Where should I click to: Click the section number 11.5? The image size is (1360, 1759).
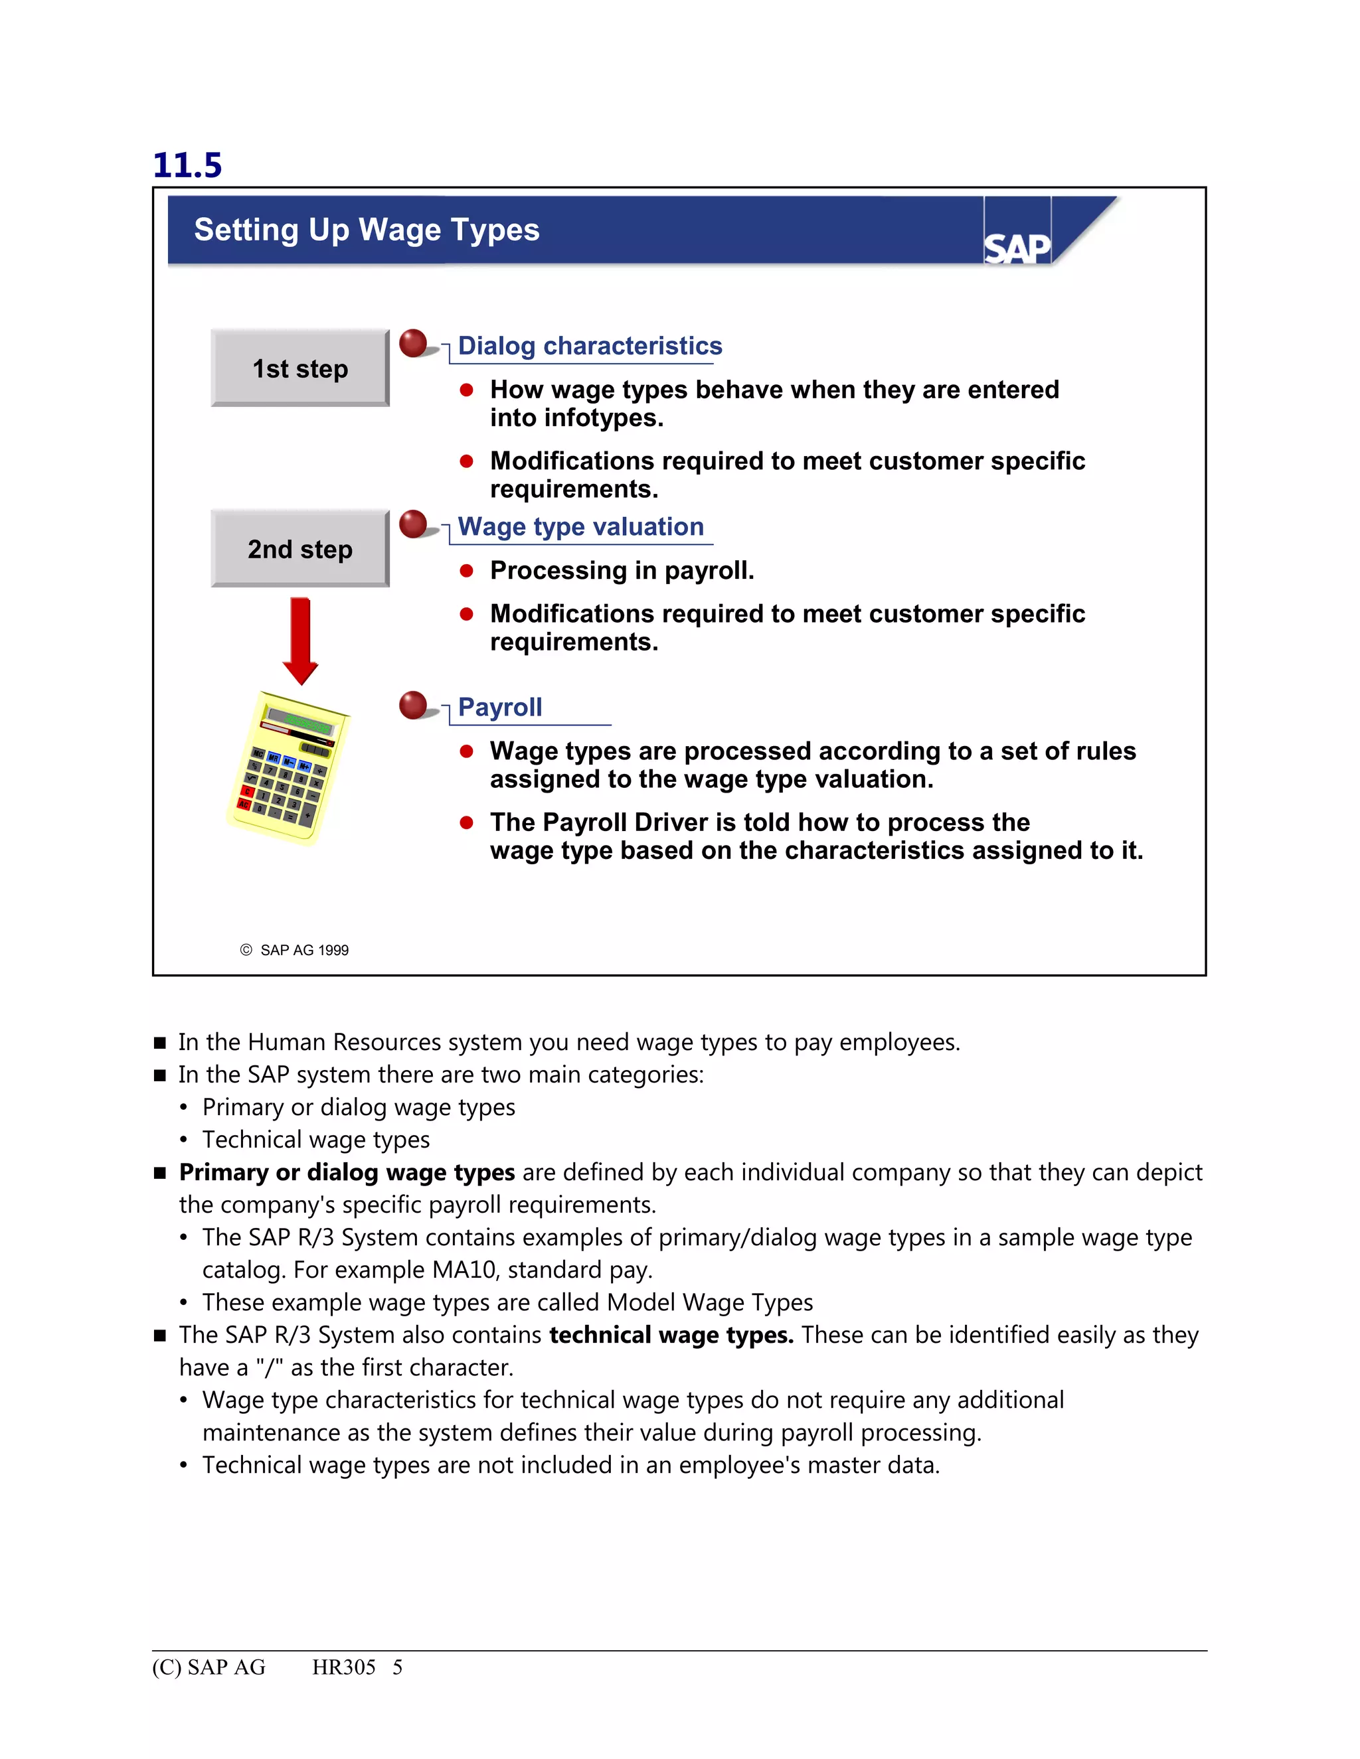coord(187,165)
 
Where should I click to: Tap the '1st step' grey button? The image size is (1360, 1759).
coord(299,368)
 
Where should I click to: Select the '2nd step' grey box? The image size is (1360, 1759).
coord(299,548)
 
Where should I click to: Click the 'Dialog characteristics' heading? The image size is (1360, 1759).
coord(590,346)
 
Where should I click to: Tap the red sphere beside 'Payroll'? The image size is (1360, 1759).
coord(413,705)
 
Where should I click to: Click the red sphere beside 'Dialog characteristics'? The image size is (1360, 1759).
coord(413,343)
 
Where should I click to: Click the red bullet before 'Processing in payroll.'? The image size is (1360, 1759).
coord(466,571)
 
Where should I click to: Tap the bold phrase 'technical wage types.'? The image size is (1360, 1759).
coord(671,1336)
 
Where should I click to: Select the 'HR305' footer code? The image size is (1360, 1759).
coord(343,1667)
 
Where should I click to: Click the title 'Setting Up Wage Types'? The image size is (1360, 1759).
coord(367,230)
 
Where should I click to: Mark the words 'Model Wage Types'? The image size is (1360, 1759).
coord(709,1302)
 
